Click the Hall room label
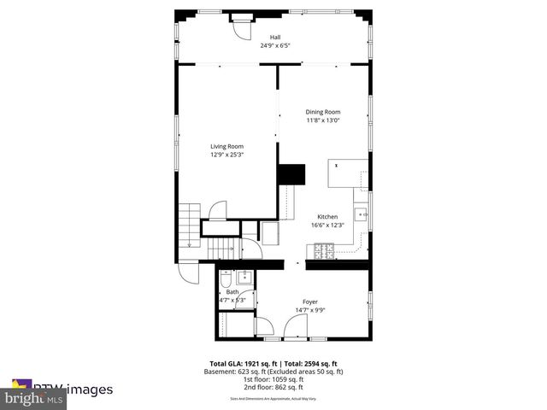(274, 37)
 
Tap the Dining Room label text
(323, 112)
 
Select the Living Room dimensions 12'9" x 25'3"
(227, 155)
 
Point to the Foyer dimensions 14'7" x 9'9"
(309, 310)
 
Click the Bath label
(232, 292)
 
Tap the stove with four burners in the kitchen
(325, 250)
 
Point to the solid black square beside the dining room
(291, 173)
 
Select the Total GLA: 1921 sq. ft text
(244, 364)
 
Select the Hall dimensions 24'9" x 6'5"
(274, 45)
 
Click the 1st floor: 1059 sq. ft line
(274, 379)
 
